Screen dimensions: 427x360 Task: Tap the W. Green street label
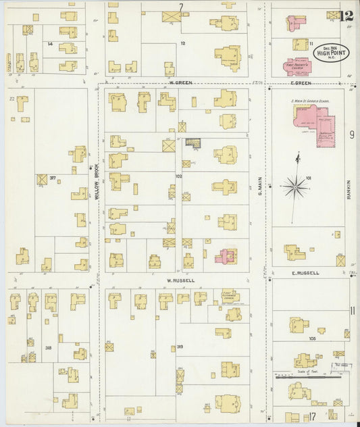coord(180,83)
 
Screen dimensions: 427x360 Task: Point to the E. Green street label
coord(301,83)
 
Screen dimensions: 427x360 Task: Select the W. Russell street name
coord(180,280)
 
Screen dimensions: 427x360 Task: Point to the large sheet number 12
coord(348,16)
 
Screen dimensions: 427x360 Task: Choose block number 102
coord(179,176)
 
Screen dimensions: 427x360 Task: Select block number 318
coord(49,348)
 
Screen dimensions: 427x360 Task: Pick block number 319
coord(180,348)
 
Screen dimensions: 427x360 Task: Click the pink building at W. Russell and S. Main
coord(226,256)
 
